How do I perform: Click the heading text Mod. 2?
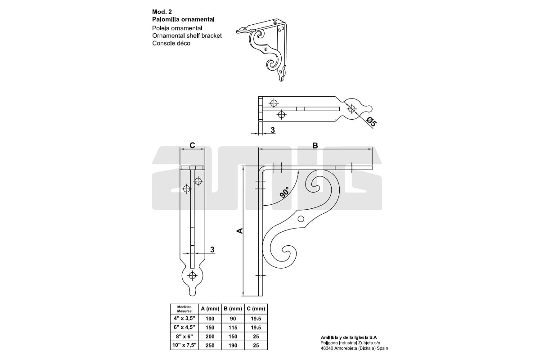[x=162, y=12]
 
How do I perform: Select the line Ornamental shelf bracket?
[x=187, y=36]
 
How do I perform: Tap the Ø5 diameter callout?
[x=371, y=121]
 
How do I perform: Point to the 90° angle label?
[x=284, y=192]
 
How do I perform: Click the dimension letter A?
[x=240, y=231]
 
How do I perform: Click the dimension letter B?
[x=315, y=145]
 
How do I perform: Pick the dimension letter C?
[x=192, y=145]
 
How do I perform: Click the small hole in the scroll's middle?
[x=301, y=219]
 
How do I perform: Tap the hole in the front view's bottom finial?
[x=193, y=275]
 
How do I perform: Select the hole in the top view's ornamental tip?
[x=352, y=109]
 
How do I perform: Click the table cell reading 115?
[x=233, y=328]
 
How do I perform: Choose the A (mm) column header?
[x=210, y=309]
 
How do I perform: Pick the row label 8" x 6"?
[x=184, y=336]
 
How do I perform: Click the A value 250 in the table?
[x=210, y=345]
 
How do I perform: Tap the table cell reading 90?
[x=233, y=319]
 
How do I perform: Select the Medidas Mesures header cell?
[x=184, y=309]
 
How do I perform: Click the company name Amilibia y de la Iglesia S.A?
[x=349, y=337]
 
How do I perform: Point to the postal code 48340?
[x=326, y=348]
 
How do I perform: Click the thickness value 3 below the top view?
[x=273, y=130]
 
